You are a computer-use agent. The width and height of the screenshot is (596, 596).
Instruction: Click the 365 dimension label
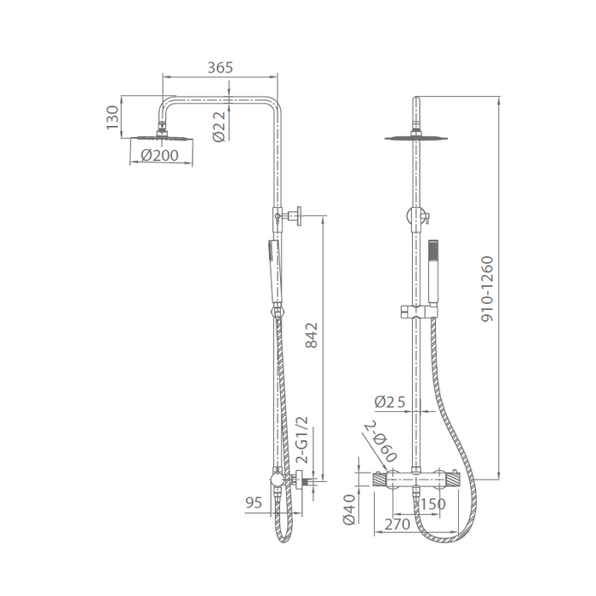coord(220,67)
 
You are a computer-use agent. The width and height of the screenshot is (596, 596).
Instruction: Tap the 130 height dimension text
coord(113,117)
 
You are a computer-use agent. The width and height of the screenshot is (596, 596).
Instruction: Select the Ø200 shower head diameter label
coord(159,155)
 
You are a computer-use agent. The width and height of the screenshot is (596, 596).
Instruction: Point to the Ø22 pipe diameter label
coord(220,127)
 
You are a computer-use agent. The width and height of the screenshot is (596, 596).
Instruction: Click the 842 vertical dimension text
coord(312,335)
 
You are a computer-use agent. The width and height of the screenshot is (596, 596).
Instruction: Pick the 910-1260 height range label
coord(487,289)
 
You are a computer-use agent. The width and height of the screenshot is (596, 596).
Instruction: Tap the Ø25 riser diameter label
coord(390,402)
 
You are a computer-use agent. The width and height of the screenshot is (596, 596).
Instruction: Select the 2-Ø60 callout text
coord(381,440)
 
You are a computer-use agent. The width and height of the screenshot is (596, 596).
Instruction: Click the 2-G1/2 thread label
coord(301,440)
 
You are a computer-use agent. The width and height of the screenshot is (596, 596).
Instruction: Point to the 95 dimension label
coord(254,502)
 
